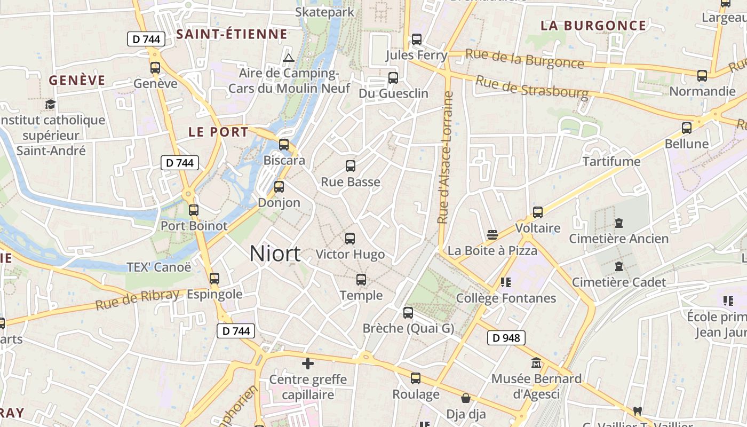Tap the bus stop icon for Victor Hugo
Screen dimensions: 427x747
click(x=350, y=239)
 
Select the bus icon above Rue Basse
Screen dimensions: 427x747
click(x=350, y=166)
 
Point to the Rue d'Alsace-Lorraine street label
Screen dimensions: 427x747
click(x=444, y=157)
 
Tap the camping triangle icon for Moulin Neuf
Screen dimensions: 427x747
click(x=289, y=58)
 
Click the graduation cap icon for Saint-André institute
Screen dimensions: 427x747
click(x=50, y=104)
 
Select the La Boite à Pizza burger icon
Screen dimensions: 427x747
click(x=492, y=235)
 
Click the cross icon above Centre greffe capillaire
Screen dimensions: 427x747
click(x=308, y=363)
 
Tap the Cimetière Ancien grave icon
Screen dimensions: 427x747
click(x=619, y=223)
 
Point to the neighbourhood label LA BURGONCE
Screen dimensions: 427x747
click(x=593, y=26)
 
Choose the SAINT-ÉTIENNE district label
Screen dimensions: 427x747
click(x=232, y=35)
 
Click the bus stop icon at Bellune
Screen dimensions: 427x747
click(x=687, y=128)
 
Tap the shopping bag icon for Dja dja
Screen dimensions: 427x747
click(x=466, y=398)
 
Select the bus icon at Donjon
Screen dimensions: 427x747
click(x=279, y=187)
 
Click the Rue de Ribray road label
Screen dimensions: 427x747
click(x=137, y=301)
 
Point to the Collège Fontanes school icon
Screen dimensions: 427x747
click(x=505, y=282)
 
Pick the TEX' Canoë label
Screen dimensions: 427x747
click(x=158, y=267)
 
